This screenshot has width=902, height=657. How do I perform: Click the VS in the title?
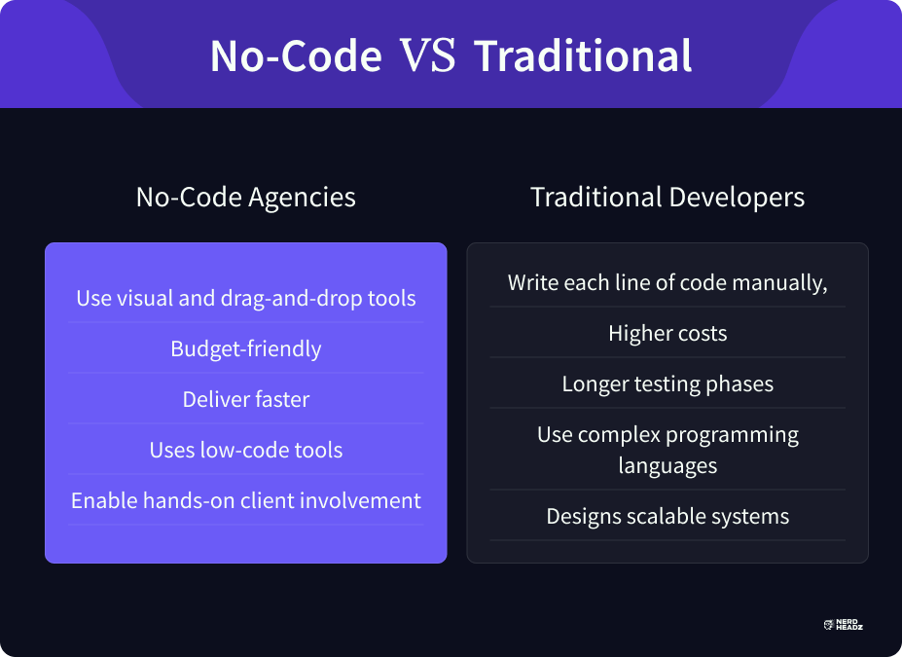tap(427, 55)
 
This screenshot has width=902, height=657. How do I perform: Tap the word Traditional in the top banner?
tap(583, 55)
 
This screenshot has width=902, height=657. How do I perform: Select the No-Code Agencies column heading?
tap(245, 197)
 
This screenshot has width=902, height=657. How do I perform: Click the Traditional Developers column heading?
tap(667, 197)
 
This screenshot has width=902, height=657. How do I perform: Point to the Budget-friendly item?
tap(245, 348)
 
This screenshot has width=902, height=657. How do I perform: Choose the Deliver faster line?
tap(245, 399)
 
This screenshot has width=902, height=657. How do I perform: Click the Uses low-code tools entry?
tap(245, 450)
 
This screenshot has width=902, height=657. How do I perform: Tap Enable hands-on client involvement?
tap(245, 500)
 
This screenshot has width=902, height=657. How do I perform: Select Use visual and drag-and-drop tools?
tap(245, 298)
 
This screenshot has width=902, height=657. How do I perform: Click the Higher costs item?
tap(667, 333)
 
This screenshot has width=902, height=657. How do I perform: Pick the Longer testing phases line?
tap(667, 383)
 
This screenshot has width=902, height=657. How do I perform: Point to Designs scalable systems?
tap(667, 516)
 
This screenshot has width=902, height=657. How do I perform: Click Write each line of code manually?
tap(667, 282)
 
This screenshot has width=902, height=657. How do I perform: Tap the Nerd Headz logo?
tap(844, 625)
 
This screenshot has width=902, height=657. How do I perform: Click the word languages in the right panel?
tap(667, 465)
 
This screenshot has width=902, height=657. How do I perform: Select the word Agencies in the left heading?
tap(302, 198)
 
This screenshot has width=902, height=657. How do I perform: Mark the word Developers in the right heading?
tap(737, 198)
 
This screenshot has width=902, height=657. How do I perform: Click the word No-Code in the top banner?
tap(296, 55)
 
